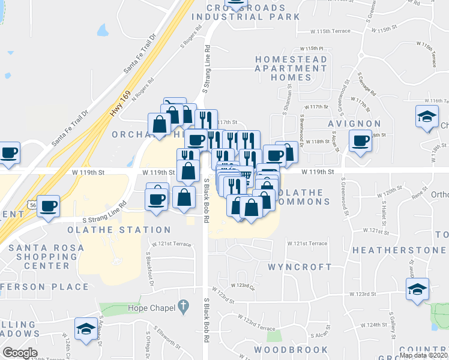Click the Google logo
click(20, 353)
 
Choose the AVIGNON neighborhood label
click(354, 124)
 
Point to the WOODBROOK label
click(291, 349)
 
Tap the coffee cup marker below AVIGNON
click(361, 142)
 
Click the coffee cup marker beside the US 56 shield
click(49, 206)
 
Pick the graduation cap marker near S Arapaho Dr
click(86, 329)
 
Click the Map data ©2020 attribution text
click(423, 355)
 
